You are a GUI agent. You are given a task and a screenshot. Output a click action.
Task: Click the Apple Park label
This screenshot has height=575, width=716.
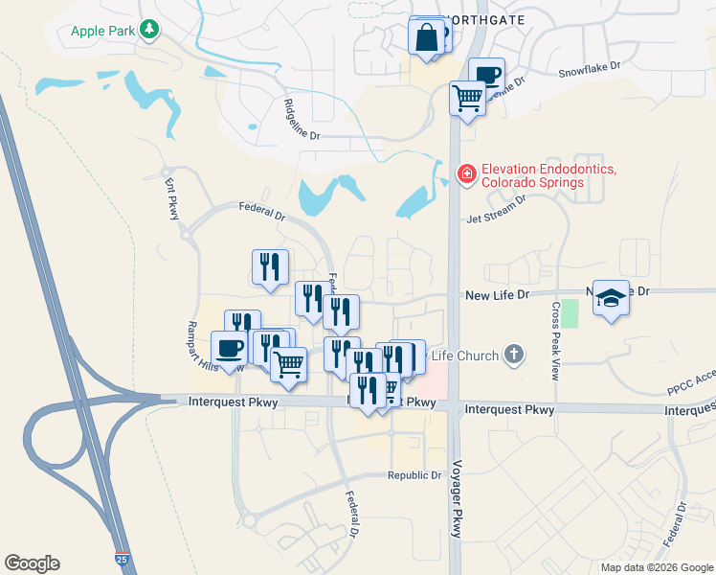102,30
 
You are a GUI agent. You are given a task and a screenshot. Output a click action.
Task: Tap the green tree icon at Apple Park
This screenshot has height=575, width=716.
149,30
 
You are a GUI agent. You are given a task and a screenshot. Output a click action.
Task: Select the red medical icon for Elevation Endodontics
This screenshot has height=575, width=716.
467,173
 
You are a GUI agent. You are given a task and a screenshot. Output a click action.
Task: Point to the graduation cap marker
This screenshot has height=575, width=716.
609,298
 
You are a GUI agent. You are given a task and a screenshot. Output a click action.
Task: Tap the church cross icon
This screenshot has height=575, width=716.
514,356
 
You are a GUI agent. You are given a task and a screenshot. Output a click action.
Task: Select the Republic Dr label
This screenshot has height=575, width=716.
414,475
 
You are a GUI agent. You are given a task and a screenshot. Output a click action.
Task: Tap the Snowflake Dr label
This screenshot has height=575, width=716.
590,70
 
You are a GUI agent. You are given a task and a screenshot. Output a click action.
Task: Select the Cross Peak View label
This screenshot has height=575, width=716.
554,341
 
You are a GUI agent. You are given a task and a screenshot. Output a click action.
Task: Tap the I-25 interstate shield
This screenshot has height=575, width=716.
122,558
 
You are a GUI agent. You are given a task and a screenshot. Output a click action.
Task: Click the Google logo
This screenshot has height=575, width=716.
32,563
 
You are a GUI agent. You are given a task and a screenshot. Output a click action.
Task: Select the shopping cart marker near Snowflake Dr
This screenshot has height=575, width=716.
467,97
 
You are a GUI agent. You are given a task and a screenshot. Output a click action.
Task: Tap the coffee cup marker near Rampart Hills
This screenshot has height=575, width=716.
230,348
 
